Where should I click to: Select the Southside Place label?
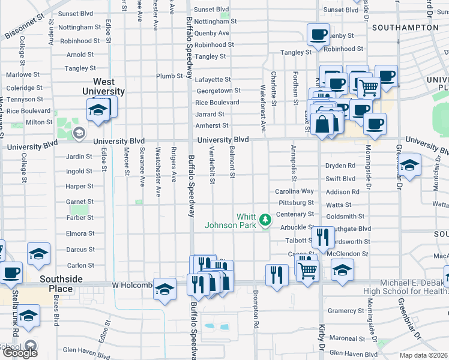pyautogui.click(x=65, y=284)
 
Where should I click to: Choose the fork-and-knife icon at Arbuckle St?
pyautogui.click(x=324, y=238)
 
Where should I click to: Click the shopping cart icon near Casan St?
pyautogui.click(x=307, y=270)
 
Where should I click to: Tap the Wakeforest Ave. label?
pyautogui.click(x=263, y=109)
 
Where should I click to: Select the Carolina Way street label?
pyautogui.click(x=295, y=191)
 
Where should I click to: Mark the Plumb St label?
pyautogui.click(x=169, y=76)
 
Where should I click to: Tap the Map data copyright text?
pyautogui.click(x=424, y=355)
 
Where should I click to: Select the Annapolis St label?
pyautogui.click(x=294, y=162)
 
